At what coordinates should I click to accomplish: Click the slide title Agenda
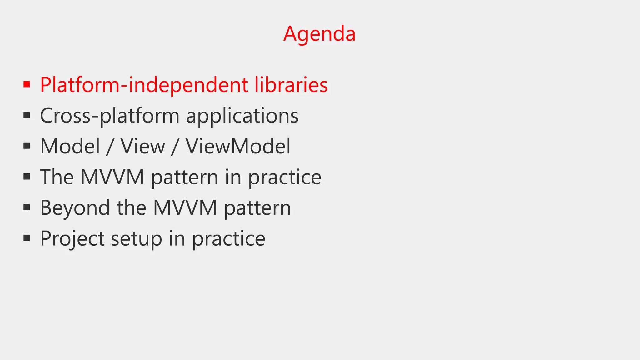click(319, 34)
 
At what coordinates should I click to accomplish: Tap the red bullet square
click(27, 84)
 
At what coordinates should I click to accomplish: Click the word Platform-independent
click(144, 85)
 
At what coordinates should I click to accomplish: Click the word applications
click(242, 116)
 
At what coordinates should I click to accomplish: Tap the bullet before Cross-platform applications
click(27, 115)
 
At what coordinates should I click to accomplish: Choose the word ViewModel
click(238, 146)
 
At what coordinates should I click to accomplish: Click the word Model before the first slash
click(70, 146)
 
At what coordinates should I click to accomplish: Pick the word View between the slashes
click(143, 146)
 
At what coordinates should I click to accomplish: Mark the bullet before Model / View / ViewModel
click(27, 146)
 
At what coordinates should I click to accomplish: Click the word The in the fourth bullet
click(57, 177)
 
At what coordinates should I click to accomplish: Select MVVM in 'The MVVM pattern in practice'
click(112, 177)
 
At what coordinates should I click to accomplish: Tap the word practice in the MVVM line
click(285, 177)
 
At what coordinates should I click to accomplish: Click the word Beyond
click(75, 208)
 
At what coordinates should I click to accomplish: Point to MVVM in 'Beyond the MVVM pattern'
click(185, 208)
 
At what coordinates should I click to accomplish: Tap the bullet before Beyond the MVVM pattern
click(27, 207)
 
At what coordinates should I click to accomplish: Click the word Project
click(72, 238)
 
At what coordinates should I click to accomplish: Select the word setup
click(137, 238)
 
